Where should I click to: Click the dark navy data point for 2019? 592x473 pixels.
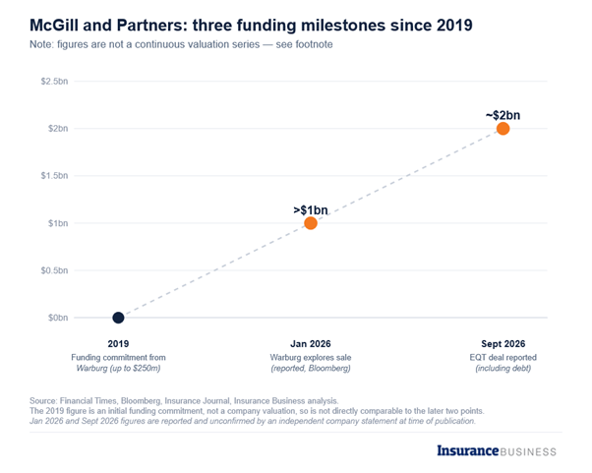[118, 318]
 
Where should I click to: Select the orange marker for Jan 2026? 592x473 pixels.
[311, 223]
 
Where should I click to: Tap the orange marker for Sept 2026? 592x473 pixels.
[503, 129]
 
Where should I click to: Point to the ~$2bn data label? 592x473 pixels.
[503, 115]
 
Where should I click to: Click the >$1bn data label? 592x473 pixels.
[311, 209]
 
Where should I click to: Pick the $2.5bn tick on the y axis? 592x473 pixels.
[54, 82]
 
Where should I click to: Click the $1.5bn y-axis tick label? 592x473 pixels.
[54, 176]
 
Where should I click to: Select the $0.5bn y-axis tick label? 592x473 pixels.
[54, 270]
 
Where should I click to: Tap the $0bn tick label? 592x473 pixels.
[58, 318]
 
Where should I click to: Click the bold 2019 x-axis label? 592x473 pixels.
[118, 344]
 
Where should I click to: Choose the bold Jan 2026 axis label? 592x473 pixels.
[311, 344]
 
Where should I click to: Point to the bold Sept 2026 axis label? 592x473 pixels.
[503, 344]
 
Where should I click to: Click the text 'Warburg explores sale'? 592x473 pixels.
[311, 357]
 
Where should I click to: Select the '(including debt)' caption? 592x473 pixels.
[503, 368]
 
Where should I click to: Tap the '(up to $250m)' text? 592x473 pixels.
[135, 368]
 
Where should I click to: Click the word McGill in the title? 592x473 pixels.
[54, 26]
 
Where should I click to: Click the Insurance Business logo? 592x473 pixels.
[497, 450]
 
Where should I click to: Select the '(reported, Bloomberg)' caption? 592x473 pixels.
[311, 368]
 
